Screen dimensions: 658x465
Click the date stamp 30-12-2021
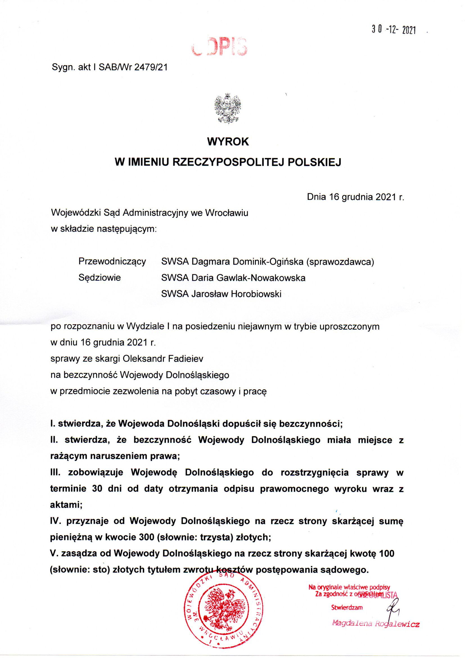point(393,30)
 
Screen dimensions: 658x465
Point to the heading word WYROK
point(228,142)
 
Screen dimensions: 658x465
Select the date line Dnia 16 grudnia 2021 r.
point(355,197)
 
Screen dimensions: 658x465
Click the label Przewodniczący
point(112,262)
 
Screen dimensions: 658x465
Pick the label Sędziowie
point(100,278)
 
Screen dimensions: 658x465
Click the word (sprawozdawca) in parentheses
point(340,262)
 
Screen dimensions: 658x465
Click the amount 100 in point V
point(386,554)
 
